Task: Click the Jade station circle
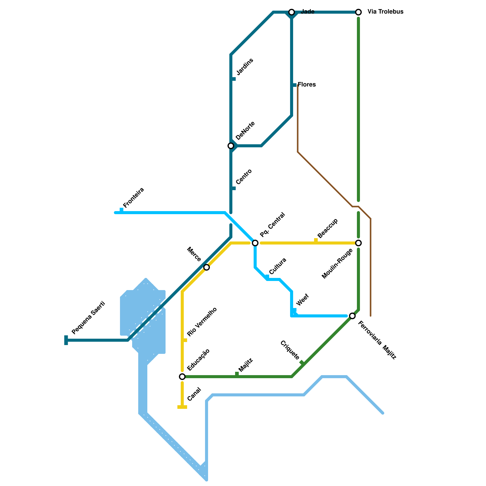click(292, 12)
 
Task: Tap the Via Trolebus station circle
click(358, 12)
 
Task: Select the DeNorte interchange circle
click(231, 146)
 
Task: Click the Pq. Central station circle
click(255, 243)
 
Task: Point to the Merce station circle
click(207, 267)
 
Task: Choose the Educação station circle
click(182, 377)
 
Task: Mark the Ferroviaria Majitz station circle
click(352, 316)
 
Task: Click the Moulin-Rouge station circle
click(358, 243)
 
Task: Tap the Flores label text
click(307, 84)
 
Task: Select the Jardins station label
click(245, 67)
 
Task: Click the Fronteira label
click(134, 198)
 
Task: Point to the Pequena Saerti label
click(88, 317)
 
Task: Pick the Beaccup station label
click(327, 228)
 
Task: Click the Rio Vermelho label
click(202, 322)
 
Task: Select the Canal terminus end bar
click(182, 407)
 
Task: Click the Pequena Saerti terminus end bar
click(66, 340)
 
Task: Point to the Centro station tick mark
click(234, 188)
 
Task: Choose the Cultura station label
click(278, 266)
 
